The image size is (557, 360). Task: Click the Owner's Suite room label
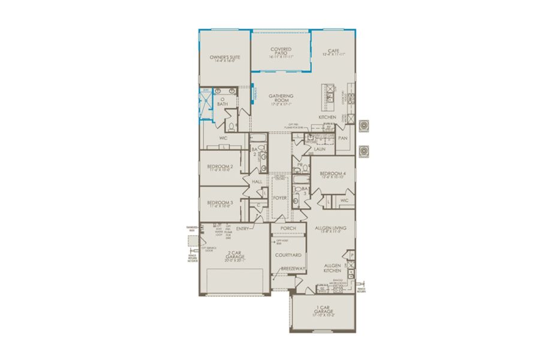225,58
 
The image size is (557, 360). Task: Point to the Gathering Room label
281,99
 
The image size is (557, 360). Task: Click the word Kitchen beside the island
327,116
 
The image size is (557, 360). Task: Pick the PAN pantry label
342,138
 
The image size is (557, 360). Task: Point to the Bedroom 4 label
331,175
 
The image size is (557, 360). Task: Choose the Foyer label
280,197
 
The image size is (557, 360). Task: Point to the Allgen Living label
332,229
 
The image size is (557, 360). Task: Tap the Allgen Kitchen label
333,268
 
